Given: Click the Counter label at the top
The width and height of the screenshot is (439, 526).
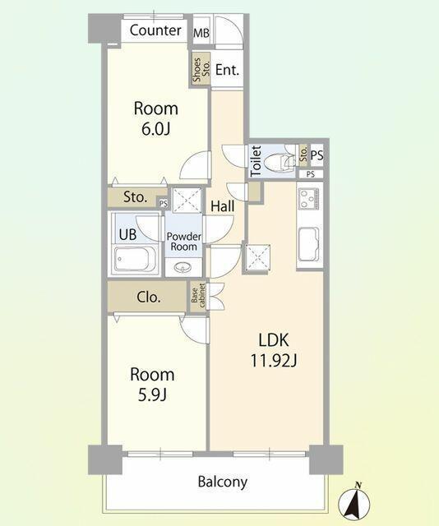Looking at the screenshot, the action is pyautogui.click(x=155, y=30).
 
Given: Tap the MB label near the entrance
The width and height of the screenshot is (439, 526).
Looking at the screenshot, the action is pyautogui.click(x=201, y=33).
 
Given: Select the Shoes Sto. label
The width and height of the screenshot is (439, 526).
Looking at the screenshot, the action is pyautogui.click(x=201, y=69).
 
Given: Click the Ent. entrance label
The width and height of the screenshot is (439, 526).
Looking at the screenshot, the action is pyautogui.click(x=227, y=70).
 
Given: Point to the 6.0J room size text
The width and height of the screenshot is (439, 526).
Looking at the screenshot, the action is pyautogui.click(x=155, y=129).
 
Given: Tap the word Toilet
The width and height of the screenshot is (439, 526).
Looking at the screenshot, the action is pyautogui.click(x=256, y=161).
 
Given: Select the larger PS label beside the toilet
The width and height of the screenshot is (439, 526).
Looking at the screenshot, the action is pyautogui.click(x=317, y=155).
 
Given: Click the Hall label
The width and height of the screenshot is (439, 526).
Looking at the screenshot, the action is pyautogui.click(x=223, y=206).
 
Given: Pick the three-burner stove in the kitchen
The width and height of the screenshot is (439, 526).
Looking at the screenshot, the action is pyautogui.click(x=309, y=199).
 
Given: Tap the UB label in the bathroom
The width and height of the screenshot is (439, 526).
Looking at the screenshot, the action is pyautogui.click(x=128, y=234).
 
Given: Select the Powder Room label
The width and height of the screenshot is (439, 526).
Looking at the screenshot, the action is pyautogui.click(x=184, y=242).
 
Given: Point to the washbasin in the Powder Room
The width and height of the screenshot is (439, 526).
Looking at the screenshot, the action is pyautogui.click(x=183, y=267).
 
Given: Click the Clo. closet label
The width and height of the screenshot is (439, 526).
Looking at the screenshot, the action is pyautogui.click(x=149, y=297).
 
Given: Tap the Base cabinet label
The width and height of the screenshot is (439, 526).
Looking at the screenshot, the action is pyautogui.click(x=198, y=296).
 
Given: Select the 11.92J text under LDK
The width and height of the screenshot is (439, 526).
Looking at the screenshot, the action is pyautogui.click(x=274, y=361).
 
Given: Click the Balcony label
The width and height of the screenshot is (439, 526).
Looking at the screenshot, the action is pyautogui.click(x=223, y=482).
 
